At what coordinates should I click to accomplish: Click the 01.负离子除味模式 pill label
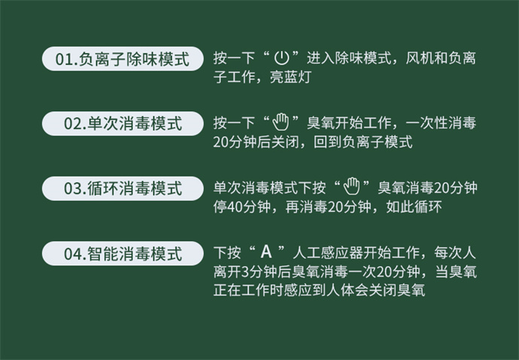[x=123, y=59]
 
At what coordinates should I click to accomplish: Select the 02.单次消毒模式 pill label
[x=123, y=124]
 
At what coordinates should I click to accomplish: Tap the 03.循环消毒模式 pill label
[x=123, y=189]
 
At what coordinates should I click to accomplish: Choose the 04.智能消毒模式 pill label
[x=123, y=253]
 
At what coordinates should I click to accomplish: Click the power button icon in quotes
[x=281, y=58]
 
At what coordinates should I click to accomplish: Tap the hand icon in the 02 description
[x=281, y=123]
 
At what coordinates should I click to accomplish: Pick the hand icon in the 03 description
[x=351, y=186]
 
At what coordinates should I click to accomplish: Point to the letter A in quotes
[x=266, y=252]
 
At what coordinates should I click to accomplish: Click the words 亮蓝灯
[x=290, y=77]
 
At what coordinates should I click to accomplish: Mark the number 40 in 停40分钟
[x=235, y=207]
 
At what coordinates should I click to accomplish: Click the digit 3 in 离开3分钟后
[x=245, y=272]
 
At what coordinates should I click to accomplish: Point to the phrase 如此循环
[x=414, y=207]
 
